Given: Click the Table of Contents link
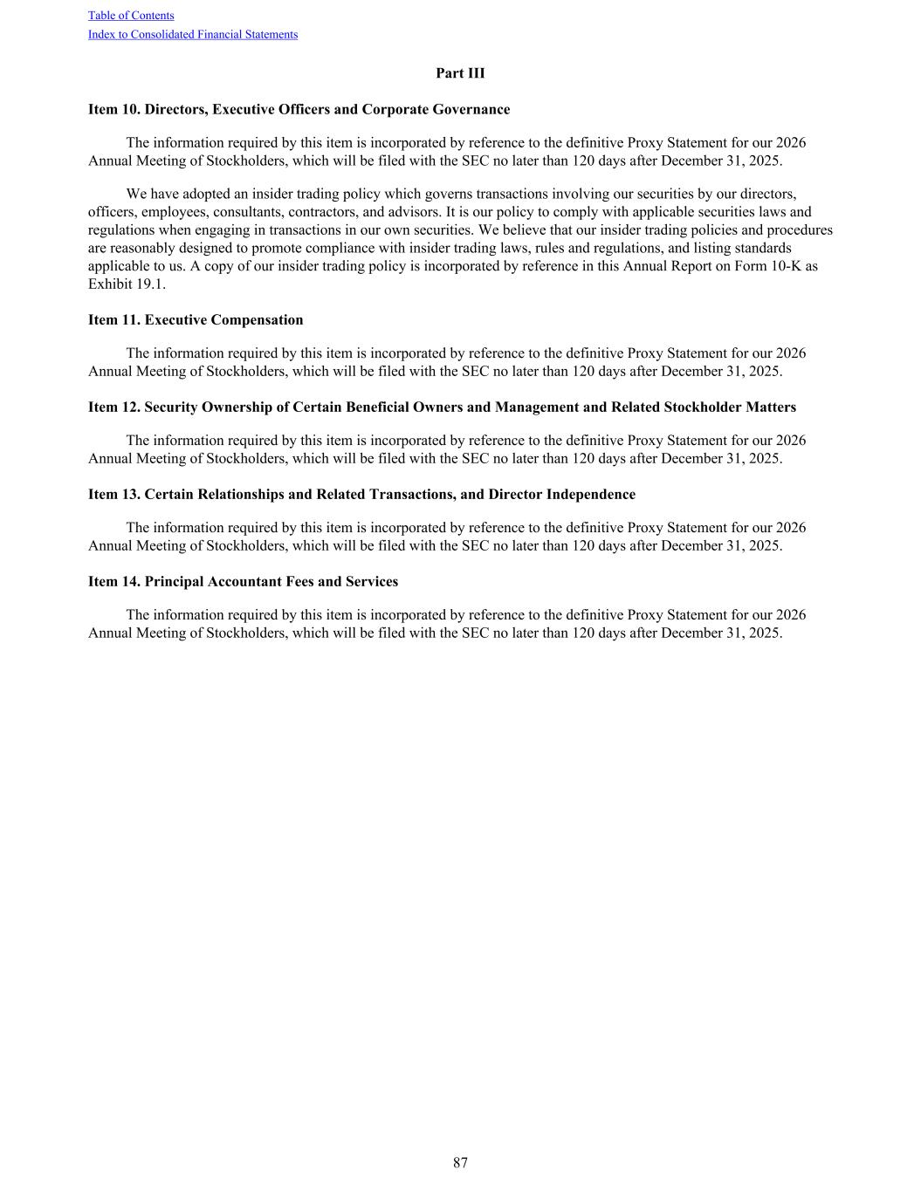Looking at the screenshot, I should coord(131,16).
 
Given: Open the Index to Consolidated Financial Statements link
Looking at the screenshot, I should coord(193,35).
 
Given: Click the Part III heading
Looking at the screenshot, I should coord(460,73).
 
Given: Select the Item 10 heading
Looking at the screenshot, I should coord(299,110).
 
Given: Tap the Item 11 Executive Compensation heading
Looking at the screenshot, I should coord(196,320).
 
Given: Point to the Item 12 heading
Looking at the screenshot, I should coord(442,407).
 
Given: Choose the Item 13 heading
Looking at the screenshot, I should coord(361,495).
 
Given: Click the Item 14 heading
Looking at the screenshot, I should coord(243,582).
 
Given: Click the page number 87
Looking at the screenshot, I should coord(460,1163).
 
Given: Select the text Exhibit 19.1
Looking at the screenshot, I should coord(127,284).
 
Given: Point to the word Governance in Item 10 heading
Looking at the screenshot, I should coord(471,110).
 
